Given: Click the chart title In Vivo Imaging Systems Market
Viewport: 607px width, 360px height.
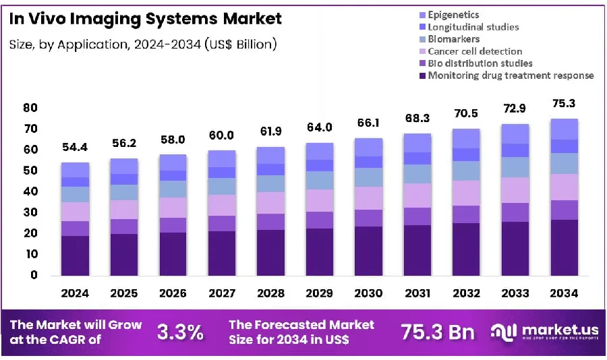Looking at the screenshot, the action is tap(145, 19).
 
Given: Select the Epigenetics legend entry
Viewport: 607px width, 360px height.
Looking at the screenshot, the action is tap(449, 15).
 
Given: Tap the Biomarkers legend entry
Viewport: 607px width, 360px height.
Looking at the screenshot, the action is tap(449, 39).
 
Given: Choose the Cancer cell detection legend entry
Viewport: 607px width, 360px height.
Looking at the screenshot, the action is tap(471, 51).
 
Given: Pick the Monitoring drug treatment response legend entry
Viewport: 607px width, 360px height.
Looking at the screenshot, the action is tap(507, 75).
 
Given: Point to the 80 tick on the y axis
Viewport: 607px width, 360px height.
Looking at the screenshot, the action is tap(30, 108).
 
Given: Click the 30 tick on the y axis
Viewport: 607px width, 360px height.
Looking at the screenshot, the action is tap(30, 212).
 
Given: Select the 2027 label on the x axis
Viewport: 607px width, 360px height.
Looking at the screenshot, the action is tap(222, 293).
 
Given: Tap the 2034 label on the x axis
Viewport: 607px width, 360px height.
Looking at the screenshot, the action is tap(564, 293).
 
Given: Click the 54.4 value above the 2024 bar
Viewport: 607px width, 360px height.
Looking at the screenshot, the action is tap(75, 147).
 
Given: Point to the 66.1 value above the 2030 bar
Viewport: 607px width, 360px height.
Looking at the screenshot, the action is tap(368, 123).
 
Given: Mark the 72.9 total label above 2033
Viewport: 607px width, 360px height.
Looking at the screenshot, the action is tap(515, 109).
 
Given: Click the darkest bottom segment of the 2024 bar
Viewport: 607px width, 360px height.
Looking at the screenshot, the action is tap(75, 256).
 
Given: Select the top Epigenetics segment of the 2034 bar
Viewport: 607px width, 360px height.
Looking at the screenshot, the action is tap(564, 129).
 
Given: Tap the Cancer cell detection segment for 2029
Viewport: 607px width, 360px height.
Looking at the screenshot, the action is tap(320, 200).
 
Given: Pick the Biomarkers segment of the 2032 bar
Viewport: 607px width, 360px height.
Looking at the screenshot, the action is tap(466, 171).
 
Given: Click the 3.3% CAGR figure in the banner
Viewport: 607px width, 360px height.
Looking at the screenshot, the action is tap(180, 332).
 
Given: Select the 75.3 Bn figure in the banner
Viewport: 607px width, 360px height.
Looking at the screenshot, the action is tap(438, 332).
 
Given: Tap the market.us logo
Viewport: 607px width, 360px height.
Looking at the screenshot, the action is tap(544, 332).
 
